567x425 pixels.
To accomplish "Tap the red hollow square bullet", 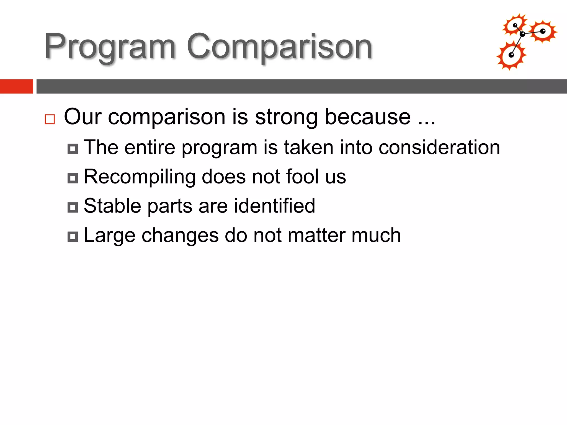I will [x=50, y=119].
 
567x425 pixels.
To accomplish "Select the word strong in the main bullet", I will [x=286, y=117].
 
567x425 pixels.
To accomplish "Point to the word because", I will [x=368, y=117].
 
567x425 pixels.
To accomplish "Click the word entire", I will [x=150, y=147].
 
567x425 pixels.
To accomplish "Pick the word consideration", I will [x=439, y=147].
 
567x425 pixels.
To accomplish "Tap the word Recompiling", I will [x=140, y=177].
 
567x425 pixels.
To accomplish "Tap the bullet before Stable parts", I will [x=73, y=207].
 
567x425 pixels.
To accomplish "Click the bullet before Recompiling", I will [x=73, y=178].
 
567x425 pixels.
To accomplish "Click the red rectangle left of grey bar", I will [x=16, y=86].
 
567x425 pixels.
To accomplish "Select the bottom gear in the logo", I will [x=511, y=56].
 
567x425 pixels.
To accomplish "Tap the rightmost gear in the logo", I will [x=543, y=31].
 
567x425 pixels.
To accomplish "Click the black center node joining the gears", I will [x=522, y=34].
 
